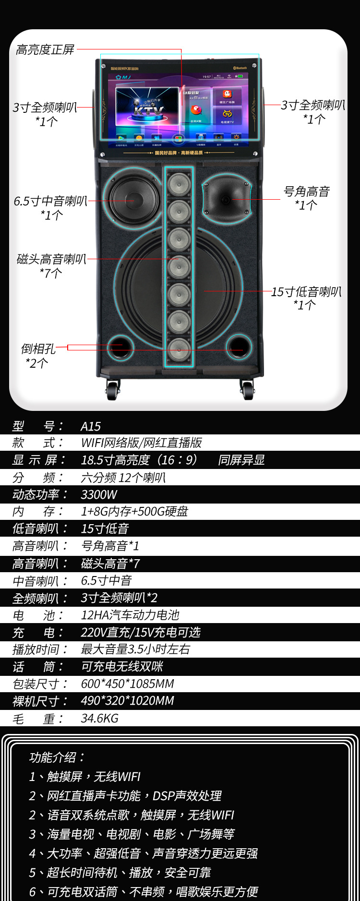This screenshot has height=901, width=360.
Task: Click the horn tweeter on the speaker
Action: (226, 199)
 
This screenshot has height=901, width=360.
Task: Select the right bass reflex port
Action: (239, 347)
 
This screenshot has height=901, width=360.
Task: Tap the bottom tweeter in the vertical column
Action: (179, 349)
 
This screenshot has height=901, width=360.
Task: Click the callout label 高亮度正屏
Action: (45, 49)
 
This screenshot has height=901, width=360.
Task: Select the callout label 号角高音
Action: (307, 192)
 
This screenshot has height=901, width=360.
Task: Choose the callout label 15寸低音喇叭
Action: (306, 291)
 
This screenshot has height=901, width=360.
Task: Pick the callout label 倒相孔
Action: (38, 349)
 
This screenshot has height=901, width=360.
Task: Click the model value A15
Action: (91, 426)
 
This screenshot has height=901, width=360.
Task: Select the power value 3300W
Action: (99, 494)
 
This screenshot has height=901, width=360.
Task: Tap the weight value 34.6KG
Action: (100, 718)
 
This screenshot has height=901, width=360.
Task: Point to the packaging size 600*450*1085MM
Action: (127, 684)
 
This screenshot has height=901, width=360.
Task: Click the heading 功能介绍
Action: (57, 757)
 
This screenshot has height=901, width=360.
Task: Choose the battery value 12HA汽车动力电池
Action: (130, 615)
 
